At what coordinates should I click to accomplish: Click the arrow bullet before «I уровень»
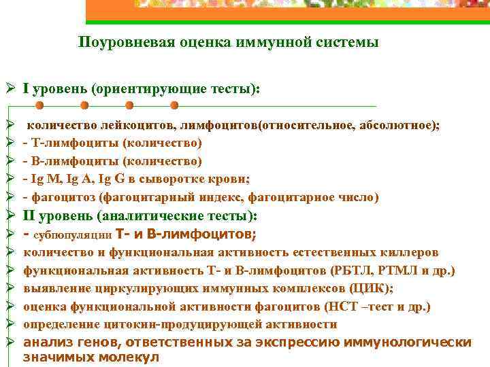pos(7,89)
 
